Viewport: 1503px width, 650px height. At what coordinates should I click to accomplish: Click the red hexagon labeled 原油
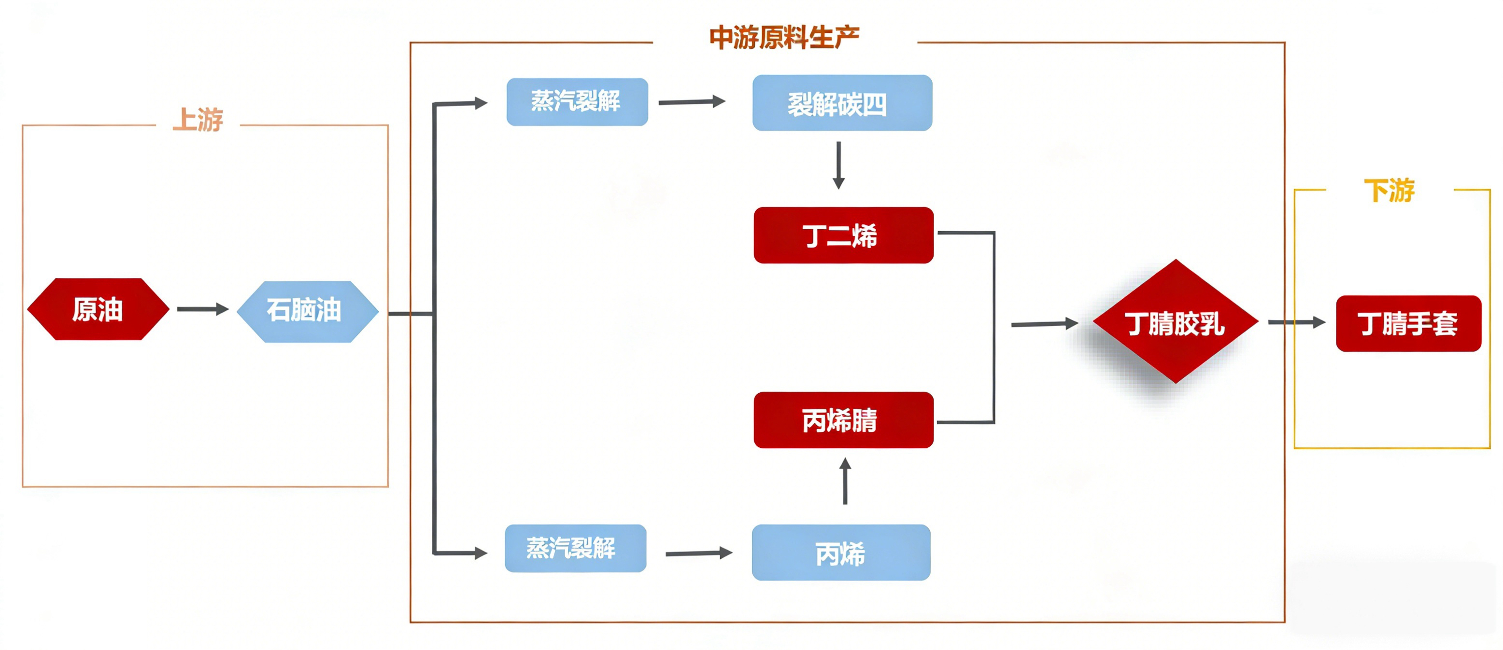(x=98, y=309)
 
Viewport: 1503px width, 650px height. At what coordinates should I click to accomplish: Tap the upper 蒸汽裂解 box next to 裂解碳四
(x=577, y=102)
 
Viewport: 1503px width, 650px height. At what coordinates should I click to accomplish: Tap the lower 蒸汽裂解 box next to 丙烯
(x=575, y=548)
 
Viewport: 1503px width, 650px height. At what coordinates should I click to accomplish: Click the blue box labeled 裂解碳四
(x=841, y=103)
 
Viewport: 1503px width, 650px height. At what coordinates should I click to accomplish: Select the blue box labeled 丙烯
(x=840, y=552)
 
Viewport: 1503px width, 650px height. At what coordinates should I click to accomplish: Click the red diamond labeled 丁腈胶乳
(x=1175, y=322)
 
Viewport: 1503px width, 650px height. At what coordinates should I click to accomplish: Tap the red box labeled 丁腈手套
(x=1408, y=323)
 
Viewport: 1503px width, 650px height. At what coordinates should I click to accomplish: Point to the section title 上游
(x=198, y=120)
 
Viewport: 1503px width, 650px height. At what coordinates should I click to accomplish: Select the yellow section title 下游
(x=1389, y=191)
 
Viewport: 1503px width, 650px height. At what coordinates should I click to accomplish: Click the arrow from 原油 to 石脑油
(x=202, y=309)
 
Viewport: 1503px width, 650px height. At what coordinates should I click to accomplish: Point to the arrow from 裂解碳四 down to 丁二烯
(x=838, y=165)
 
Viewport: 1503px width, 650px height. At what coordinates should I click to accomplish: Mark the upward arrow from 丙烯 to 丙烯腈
(x=845, y=481)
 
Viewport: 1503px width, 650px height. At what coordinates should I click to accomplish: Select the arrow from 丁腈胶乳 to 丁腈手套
(x=1296, y=322)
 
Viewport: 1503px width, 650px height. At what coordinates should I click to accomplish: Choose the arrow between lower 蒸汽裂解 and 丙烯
(x=698, y=553)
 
